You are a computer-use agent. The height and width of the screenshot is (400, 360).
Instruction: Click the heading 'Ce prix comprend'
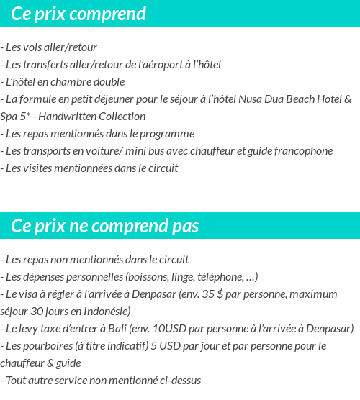(78, 14)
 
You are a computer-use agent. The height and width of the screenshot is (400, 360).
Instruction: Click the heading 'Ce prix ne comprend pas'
(105, 227)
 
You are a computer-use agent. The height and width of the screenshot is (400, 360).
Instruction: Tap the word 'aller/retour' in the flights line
(71, 47)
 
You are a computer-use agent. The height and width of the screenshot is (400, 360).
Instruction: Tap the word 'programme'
(170, 134)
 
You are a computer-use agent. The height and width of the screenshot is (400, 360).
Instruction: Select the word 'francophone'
(303, 151)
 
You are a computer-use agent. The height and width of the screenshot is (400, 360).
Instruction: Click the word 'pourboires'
(48, 346)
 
